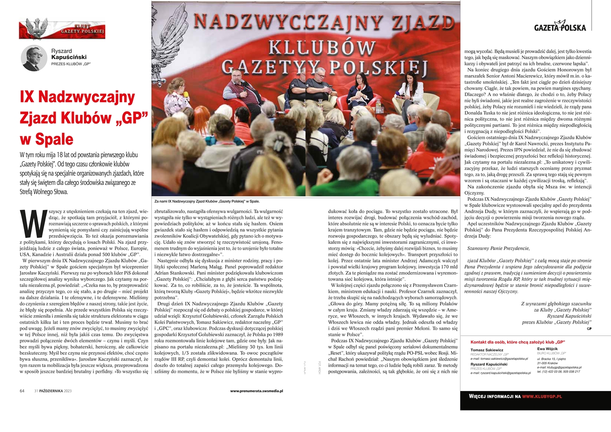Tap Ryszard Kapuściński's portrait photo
pos(34,58)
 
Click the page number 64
pos(22,391)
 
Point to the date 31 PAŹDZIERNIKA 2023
pos(53,391)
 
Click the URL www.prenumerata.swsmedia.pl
pos(257,391)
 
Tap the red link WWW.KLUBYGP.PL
pos(542,396)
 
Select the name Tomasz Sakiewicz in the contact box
pos(487,350)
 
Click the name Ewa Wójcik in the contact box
pos(547,349)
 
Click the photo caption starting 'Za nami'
pos(207,201)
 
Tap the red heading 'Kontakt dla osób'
pos(517,342)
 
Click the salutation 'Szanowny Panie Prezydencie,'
pos(497,248)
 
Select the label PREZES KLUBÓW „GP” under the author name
pos(71,64)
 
